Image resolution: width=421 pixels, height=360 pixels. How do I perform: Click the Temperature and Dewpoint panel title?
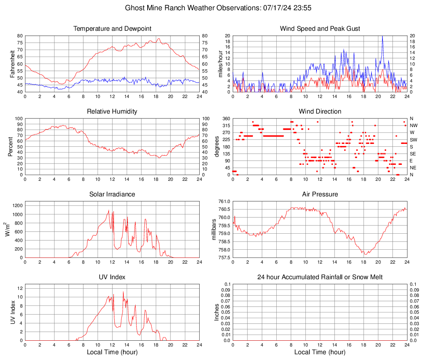pos(112,29)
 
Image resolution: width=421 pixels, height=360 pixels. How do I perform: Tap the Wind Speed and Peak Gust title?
pos(320,29)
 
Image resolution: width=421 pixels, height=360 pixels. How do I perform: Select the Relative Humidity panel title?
pos(112,112)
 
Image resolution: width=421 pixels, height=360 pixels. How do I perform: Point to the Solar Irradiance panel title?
pos(112,194)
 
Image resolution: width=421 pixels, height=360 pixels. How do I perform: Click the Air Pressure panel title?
pos(320,194)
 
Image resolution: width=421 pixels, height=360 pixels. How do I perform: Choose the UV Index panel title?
pos(112,277)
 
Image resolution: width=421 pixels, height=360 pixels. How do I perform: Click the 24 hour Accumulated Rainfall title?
pos(320,277)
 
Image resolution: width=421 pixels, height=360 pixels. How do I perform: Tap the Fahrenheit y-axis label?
pos(12,64)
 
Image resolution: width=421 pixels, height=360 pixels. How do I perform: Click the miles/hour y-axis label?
pos(220,64)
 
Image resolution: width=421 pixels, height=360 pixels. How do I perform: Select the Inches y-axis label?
pos(217,312)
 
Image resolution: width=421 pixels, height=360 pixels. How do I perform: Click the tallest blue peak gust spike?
pos(382,36)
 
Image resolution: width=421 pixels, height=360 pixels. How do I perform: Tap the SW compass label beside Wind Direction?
pos(413,140)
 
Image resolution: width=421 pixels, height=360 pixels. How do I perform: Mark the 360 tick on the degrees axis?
pos(225,118)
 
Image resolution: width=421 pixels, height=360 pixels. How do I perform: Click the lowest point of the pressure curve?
pos(365,254)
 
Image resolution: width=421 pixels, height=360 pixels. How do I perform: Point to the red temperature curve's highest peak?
pos(159,39)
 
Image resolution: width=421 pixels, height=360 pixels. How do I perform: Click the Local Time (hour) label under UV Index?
pos(112,352)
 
